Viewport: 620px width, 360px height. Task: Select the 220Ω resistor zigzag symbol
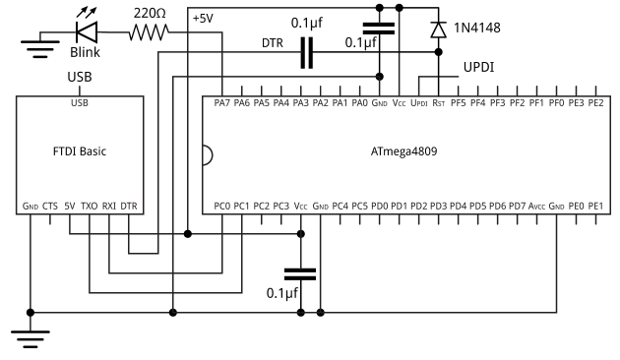[x=149, y=32]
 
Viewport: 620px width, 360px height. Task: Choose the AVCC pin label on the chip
[x=536, y=206]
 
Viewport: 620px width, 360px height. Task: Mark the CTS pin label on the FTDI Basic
[x=50, y=206]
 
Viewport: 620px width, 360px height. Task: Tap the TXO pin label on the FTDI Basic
[x=89, y=206]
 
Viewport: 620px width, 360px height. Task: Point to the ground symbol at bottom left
[x=31, y=339]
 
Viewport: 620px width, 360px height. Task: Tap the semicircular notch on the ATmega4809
[x=208, y=154]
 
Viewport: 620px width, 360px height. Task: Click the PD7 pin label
[x=517, y=206]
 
